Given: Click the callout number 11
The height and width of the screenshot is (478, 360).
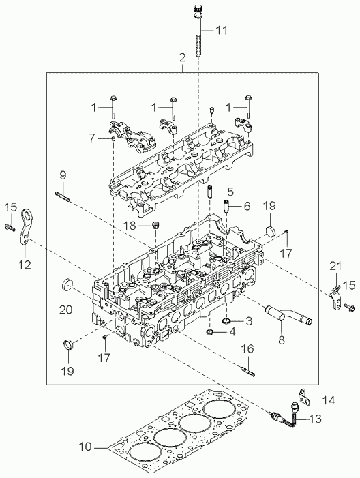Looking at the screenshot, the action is (x=222, y=31).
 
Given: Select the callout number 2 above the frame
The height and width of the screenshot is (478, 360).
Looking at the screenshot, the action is (x=181, y=57).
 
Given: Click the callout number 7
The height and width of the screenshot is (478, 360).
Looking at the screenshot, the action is (x=92, y=138).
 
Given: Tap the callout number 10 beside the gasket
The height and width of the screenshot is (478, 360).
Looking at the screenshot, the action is (x=85, y=447).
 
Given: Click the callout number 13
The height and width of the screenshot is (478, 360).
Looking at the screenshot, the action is (x=315, y=419).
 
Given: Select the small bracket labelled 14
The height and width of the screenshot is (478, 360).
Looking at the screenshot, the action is (x=305, y=396).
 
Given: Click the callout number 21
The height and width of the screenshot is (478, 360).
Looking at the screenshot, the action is (x=335, y=266).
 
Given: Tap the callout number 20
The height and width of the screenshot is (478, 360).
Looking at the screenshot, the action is (x=66, y=310).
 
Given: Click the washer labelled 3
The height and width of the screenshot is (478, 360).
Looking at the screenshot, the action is (x=226, y=320).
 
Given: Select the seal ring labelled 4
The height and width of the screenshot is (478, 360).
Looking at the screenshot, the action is (x=210, y=332).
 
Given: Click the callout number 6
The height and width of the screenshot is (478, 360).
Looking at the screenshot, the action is (x=245, y=206).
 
